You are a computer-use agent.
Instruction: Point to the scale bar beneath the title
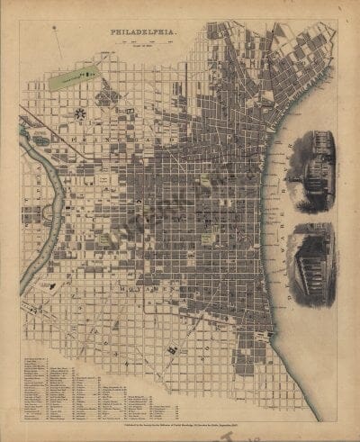(144, 41)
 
